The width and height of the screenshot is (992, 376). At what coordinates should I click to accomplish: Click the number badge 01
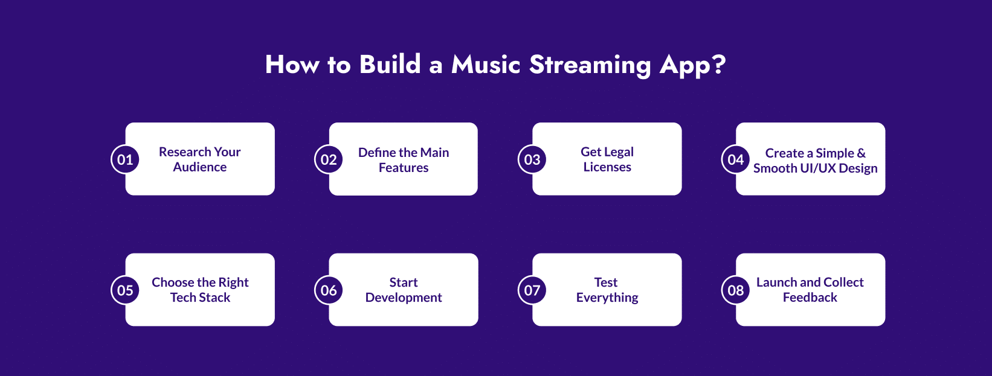pos(125,159)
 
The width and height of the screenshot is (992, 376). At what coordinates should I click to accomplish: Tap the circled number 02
pos(329,159)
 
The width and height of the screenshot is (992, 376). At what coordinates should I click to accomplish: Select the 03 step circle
pos(532,159)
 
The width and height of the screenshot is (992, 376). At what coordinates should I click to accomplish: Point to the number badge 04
pos(736,159)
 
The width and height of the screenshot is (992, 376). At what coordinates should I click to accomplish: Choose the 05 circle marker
pos(125,290)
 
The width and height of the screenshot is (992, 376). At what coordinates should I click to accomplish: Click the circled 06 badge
pos(329,290)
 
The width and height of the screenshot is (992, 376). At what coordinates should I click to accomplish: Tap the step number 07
pos(532,290)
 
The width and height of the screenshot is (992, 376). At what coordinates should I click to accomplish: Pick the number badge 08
pos(736,290)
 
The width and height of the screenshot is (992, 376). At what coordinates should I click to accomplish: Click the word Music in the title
pos(486,65)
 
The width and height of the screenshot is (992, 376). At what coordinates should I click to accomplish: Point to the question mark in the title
pos(718,64)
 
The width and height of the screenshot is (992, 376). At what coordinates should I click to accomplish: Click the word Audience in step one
pos(200,167)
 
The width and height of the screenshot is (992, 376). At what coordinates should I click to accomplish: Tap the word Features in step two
pos(404,168)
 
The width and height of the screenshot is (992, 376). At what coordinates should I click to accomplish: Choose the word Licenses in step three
pos(607,167)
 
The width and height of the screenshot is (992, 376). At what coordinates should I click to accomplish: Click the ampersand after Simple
pos(861,153)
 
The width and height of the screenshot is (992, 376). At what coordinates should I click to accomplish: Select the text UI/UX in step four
pos(818,168)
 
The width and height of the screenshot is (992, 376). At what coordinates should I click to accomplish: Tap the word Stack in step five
pos(215,298)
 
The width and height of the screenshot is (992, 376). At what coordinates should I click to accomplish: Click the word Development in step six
pos(404,298)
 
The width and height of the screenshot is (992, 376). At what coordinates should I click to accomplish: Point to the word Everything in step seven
pos(607,298)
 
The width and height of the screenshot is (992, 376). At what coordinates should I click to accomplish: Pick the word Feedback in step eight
pos(810,298)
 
